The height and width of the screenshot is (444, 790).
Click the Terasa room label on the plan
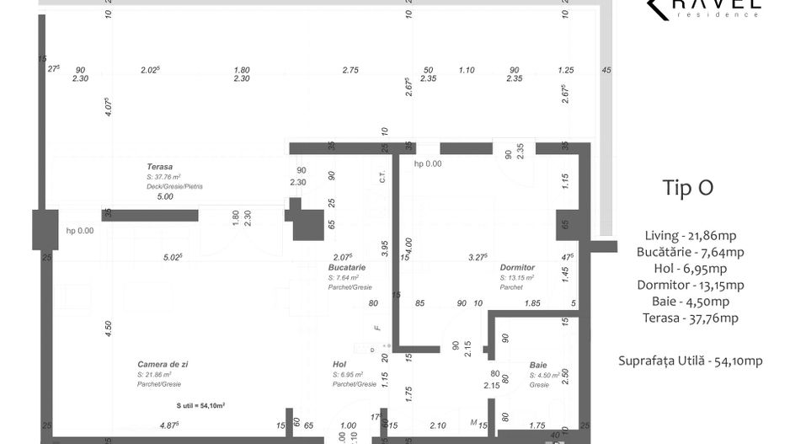pos(159,167)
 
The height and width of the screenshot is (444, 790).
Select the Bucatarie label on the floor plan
pos(347,266)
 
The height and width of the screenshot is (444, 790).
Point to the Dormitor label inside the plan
pos(517,267)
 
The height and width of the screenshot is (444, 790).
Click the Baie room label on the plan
pos(538,365)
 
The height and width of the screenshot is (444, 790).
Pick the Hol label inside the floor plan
pos(339,364)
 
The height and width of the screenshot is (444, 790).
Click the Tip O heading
pos(688,188)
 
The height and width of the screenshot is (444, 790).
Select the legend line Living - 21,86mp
pos(688,235)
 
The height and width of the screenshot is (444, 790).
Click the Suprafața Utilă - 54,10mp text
pos(690,361)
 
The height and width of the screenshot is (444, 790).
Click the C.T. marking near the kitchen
pos(382,178)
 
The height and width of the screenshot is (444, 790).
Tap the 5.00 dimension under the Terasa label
pos(164,196)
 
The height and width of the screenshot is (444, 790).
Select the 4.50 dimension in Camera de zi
pos(108,329)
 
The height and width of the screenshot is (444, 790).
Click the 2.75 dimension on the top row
pos(350,70)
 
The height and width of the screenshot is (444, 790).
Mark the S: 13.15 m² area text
pos(518,277)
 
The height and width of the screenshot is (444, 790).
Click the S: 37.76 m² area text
pos(163,177)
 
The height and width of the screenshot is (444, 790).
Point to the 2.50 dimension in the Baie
pos(565,373)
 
